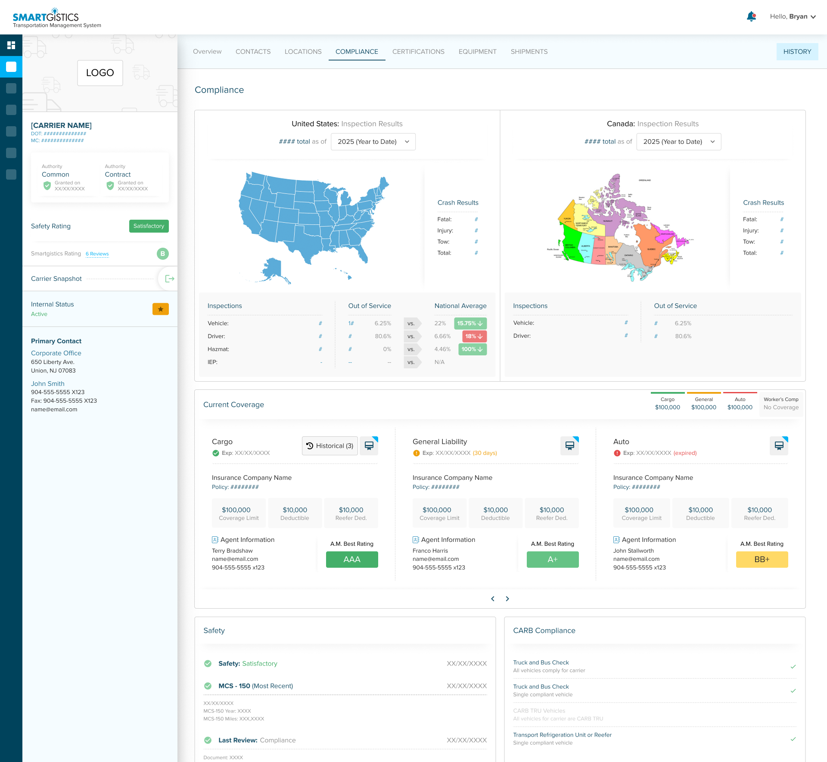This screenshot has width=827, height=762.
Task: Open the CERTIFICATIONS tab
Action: (418, 52)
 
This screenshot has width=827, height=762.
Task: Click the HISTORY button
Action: (797, 52)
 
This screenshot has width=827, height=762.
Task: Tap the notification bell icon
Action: (751, 16)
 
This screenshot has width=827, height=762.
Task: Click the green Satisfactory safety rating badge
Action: (149, 226)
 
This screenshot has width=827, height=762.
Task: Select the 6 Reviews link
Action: (97, 254)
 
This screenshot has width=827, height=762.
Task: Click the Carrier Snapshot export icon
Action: (169, 279)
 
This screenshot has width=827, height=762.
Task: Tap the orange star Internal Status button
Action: (160, 309)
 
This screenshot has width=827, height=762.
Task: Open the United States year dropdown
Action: (373, 142)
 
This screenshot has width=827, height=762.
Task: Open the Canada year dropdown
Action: (678, 142)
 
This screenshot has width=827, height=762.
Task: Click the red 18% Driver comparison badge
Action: (474, 336)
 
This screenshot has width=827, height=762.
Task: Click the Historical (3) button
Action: (330, 446)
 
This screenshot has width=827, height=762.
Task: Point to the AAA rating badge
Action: (351, 560)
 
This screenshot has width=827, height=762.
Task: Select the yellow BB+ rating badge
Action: (762, 560)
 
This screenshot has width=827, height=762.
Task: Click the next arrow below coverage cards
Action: (507, 599)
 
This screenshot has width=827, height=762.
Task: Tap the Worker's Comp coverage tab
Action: (781, 404)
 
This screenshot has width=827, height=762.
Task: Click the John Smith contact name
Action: (48, 384)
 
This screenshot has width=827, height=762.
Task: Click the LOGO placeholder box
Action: (100, 73)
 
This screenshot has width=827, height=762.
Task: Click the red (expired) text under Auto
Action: (685, 453)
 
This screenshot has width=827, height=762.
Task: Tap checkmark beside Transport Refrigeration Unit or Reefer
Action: (793, 739)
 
